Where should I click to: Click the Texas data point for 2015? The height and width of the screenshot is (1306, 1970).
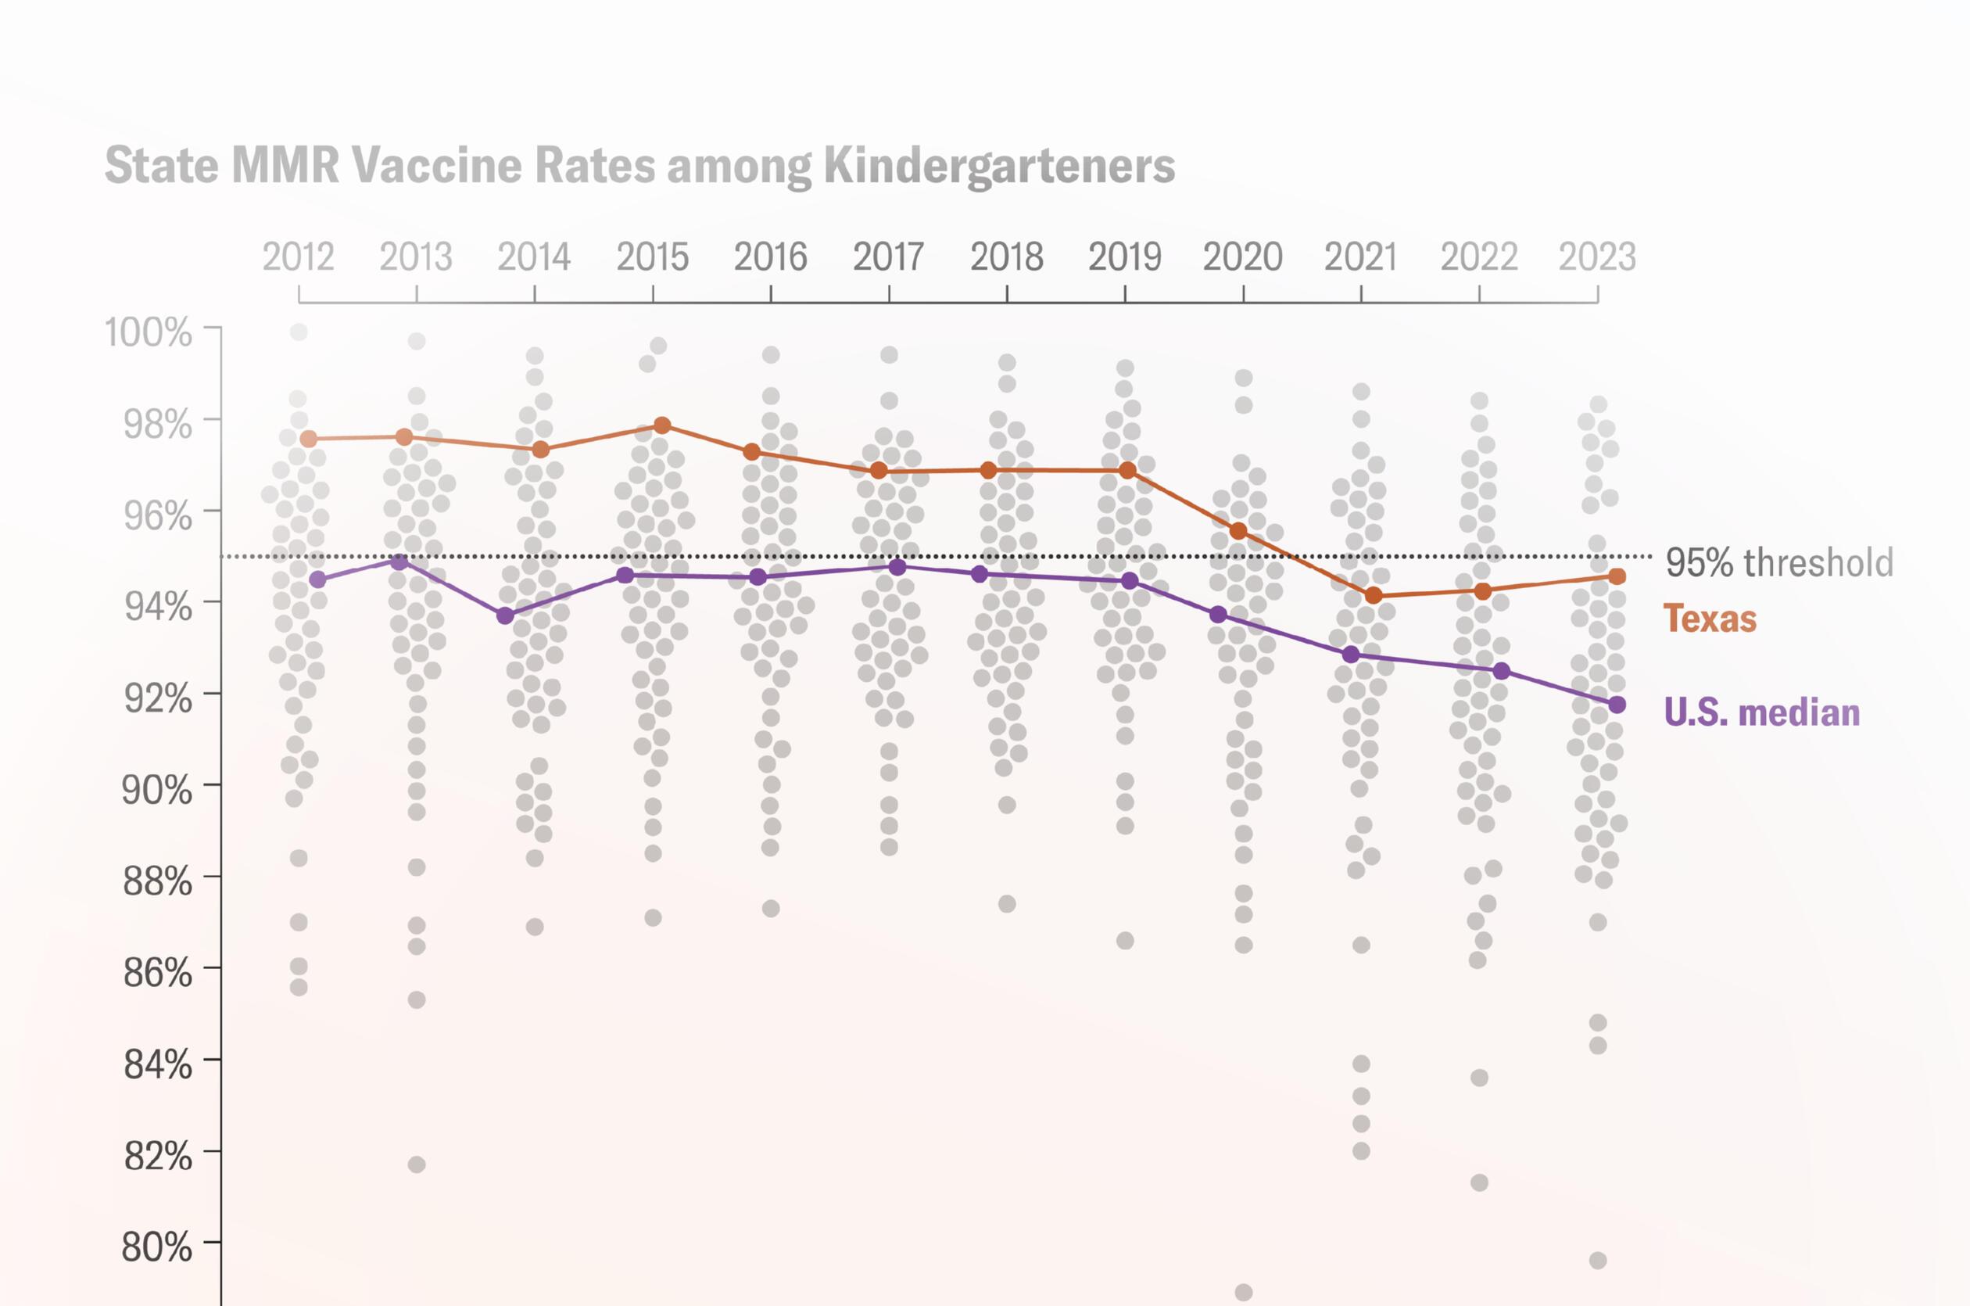pyautogui.click(x=662, y=425)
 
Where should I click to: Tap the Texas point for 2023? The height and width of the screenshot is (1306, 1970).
pyautogui.click(x=1617, y=576)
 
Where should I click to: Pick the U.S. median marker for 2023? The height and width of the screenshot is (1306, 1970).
pyautogui.click(x=1617, y=705)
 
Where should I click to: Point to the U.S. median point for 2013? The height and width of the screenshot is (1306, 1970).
pyautogui.click(x=399, y=562)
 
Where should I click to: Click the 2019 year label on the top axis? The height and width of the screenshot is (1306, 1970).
pyautogui.click(x=1124, y=257)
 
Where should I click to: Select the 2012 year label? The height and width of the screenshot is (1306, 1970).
pyautogui.click(x=298, y=257)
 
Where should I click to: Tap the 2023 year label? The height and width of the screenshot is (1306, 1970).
pyautogui.click(x=1597, y=257)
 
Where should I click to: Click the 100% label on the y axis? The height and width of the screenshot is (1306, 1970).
pyautogui.click(x=149, y=332)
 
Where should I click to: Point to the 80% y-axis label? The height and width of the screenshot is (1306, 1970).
pyautogui.click(x=156, y=1247)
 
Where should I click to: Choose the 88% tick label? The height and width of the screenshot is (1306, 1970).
pyautogui.click(x=157, y=881)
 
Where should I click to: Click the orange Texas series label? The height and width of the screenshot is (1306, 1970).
pyautogui.click(x=1710, y=619)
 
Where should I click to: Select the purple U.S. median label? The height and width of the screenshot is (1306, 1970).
pyautogui.click(x=1761, y=713)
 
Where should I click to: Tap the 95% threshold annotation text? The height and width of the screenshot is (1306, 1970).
pyautogui.click(x=1778, y=562)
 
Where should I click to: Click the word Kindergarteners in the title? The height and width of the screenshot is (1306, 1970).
pyautogui.click(x=999, y=166)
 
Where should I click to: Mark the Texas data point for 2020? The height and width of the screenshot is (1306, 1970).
pyautogui.click(x=1238, y=530)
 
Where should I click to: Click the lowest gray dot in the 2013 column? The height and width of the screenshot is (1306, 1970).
pyautogui.click(x=417, y=1164)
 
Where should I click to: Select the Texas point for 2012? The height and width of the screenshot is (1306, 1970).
pyautogui.click(x=308, y=439)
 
